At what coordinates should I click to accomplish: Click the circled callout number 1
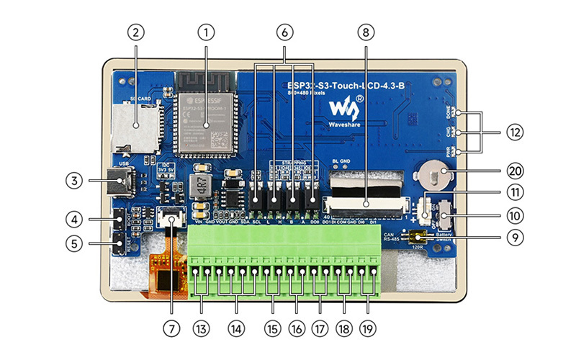[x=207, y=32]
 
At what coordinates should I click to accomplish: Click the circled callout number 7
[x=171, y=328]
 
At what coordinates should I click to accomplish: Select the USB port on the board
[x=117, y=182]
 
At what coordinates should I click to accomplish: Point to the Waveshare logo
[x=344, y=109]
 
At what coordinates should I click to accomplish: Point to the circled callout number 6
[x=284, y=32]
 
